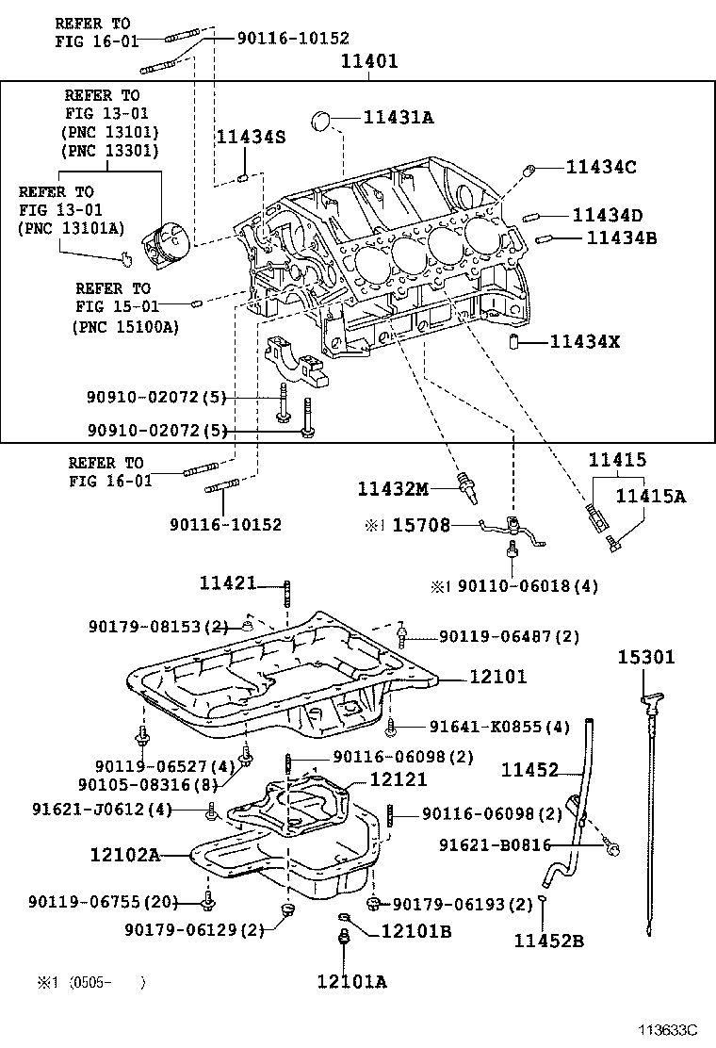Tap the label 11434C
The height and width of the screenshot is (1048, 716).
point(601,167)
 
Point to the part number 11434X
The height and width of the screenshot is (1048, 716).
point(585,341)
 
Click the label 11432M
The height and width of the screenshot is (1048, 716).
point(393,488)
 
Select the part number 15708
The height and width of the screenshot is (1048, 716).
point(421,525)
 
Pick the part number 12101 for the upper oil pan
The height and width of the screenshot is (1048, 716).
point(495,677)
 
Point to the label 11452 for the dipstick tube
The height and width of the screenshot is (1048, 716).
point(530,770)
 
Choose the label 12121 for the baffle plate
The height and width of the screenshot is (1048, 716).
point(398,779)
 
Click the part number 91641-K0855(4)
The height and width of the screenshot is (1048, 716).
point(499,727)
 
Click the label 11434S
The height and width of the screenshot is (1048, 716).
point(251,138)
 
